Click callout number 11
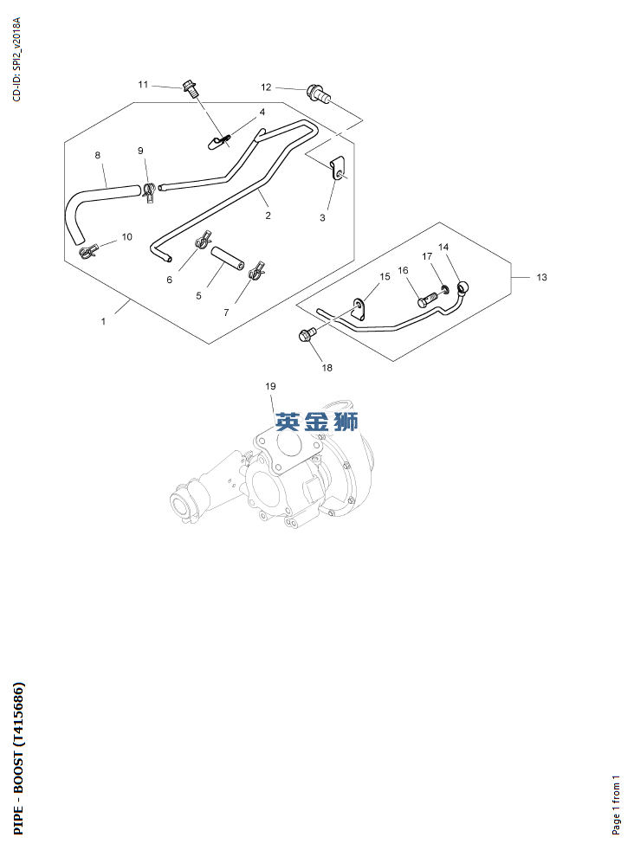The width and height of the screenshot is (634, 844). pyautogui.click(x=143, y=85)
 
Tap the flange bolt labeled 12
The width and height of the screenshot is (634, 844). pyautogui.click(x=319, y=93)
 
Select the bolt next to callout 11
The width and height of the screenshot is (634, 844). pyautogui.click(x=189, y=87)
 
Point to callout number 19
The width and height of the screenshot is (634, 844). pyautogui.click(x=270, y=386)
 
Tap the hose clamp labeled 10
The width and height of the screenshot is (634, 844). pyautogui.click(x=89, y=250)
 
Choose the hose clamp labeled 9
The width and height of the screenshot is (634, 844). pyautogui.click(x=149, y=191)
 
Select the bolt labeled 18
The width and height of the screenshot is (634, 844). pyautogui.click(x=306, y=335)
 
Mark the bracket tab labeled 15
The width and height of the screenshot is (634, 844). pyautogui.click(x=359, y=308)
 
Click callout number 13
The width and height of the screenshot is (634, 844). pyautogui.click(x=541, y=277)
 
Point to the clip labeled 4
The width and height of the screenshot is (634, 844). pyautogui.click(x=217, y=142)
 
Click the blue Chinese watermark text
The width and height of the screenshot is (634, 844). pyautogui.click(x=317, y=422)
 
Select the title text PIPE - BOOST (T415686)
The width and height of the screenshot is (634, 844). pyautogui.click(x=18, y=758)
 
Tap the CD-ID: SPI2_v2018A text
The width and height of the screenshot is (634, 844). pyautogui.click(x=16, y=59)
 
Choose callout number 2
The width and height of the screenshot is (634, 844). pyautogui.click(x=268, y=216)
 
